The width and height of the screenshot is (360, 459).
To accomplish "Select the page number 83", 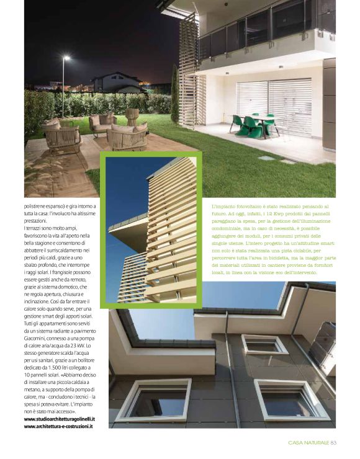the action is [333, 442].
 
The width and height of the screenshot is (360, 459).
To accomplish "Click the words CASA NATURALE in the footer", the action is [308, 442].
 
